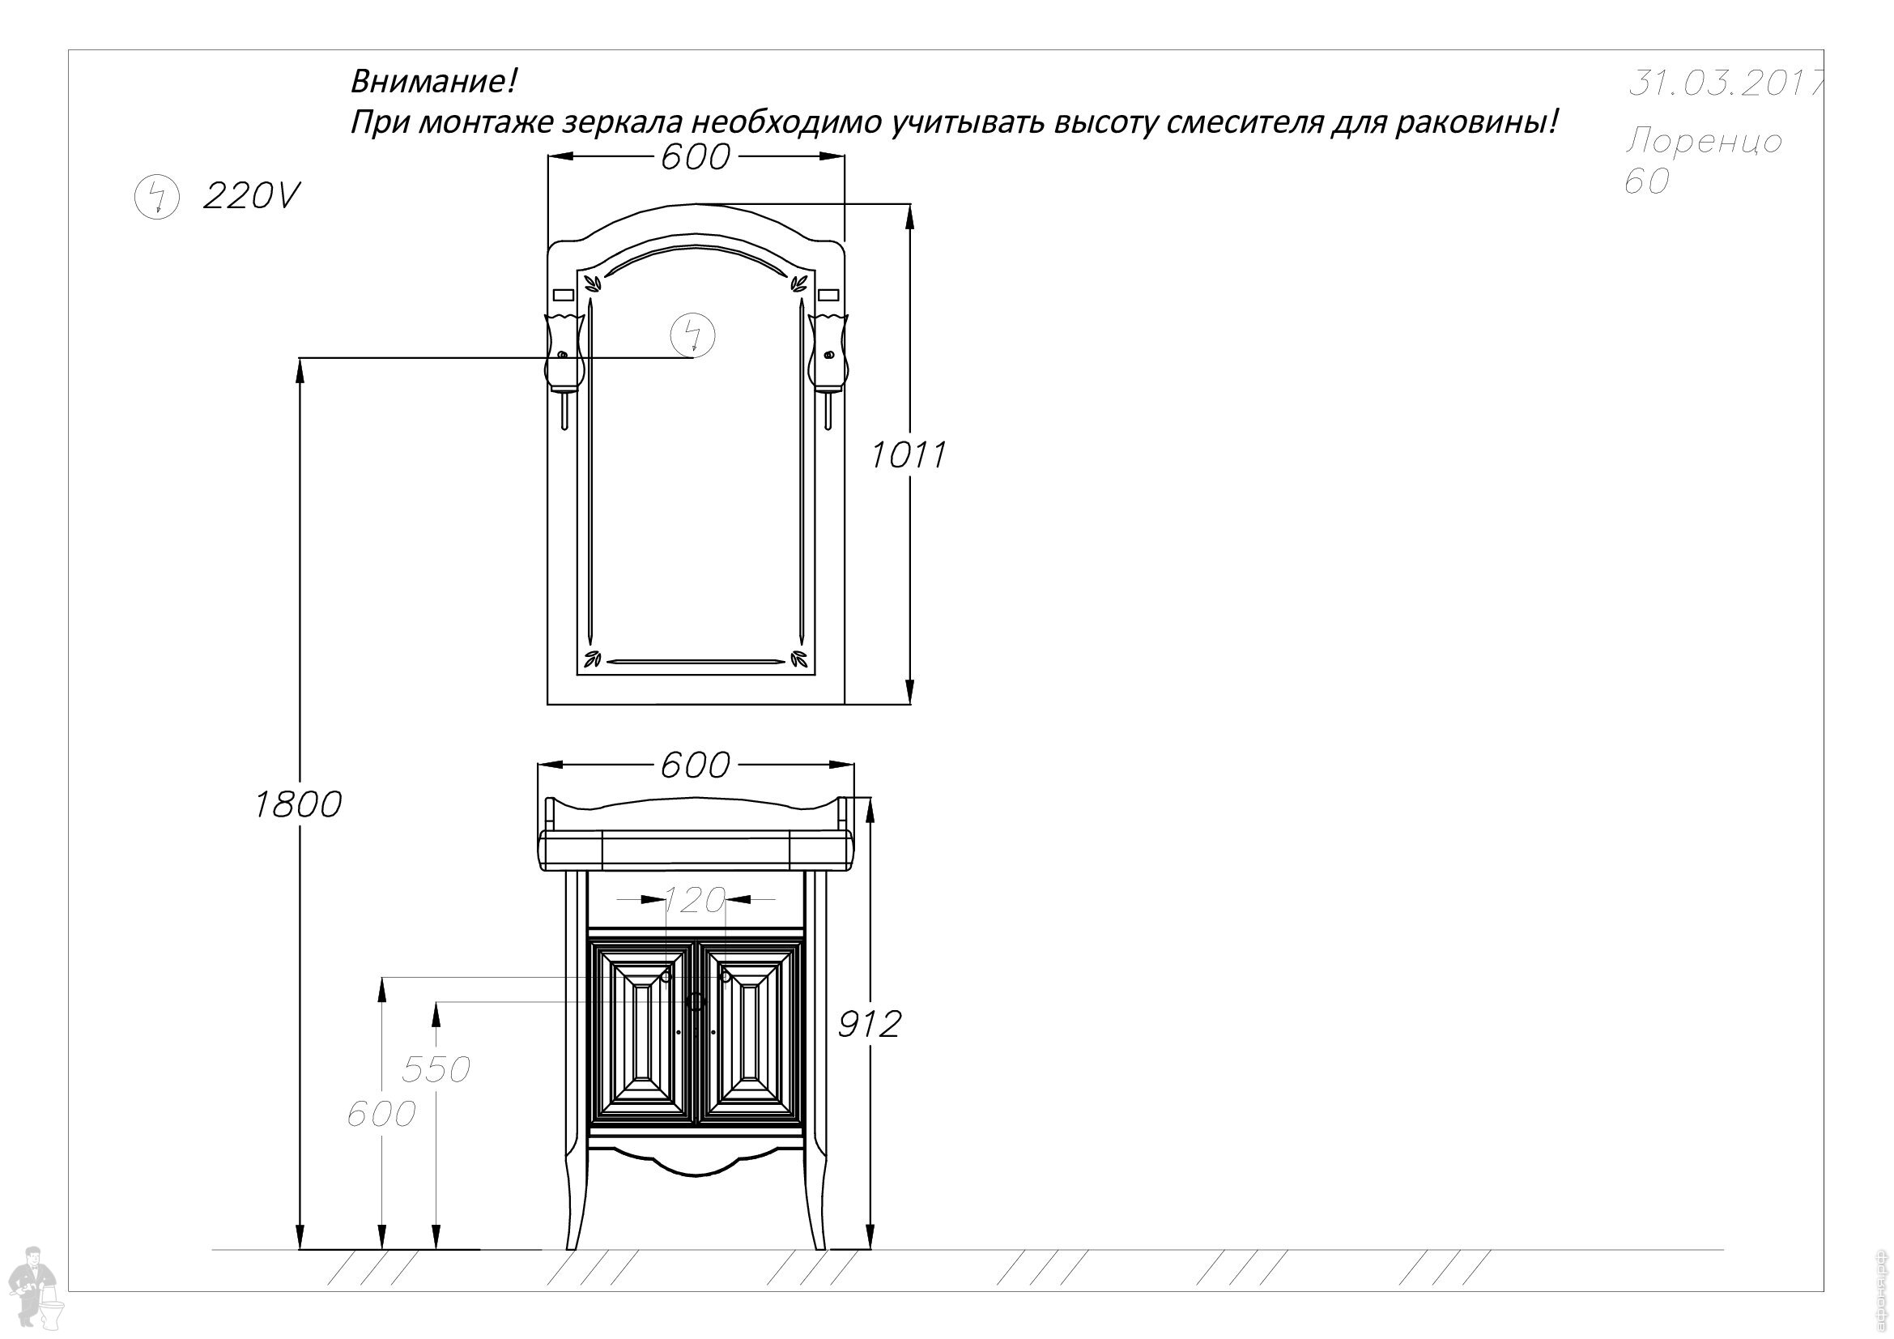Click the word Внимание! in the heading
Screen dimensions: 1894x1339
pyautogui.click(x=435, y=82)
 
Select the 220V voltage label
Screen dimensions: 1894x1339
pyautogui.click(x=251, y=196)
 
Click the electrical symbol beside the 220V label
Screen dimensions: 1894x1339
pyautogui.click(x=157, y=197)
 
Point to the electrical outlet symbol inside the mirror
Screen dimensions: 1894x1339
pyautogui.click(x=693, y=335)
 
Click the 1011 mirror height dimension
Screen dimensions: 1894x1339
pyautogui.click(x=909, y=454)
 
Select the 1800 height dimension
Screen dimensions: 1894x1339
pyautogui.click(x=298, y=804)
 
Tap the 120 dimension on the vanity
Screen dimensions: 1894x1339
pyautogui.click(x=695, y=900)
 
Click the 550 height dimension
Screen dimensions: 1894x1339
pyautogui.click(x=436, y=1069)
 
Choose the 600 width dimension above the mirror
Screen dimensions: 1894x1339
pyautogui.click(x=696, y=157)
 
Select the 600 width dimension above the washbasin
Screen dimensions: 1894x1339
pyautogui.click(x=696, y=765)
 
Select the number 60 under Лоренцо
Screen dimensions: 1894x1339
pyautogui.click(x=1647, y=181)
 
